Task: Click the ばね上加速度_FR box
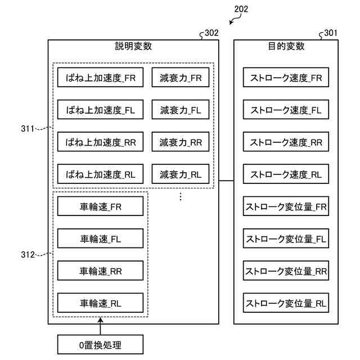point(100,78)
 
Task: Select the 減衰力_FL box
point(181,110)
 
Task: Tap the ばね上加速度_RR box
point(100,142)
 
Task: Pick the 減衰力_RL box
point(181,174)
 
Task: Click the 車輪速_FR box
point(100,206)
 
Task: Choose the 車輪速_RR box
point(100,271)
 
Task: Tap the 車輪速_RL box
point(100,303)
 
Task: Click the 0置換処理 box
point(100,344)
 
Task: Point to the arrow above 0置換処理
point(100,326)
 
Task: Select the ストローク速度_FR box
point(286,78)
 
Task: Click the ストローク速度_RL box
point(286,174)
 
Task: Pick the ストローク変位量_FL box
point(286,238)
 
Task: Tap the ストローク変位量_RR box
point(286,271)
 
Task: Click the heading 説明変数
point(133,46)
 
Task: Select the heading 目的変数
point(286,46)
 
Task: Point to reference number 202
point(241,9)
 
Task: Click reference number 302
point(211,33)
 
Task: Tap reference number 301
point(331,33)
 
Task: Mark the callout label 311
point(28,129)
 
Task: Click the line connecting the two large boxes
point(226,181)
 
